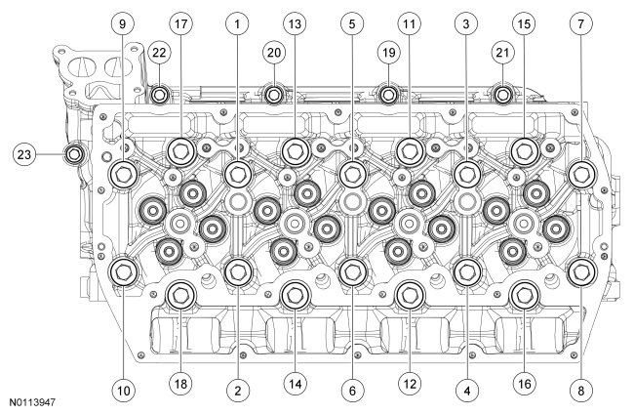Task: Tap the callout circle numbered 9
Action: (122, 21)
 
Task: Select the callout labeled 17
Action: (179, 21)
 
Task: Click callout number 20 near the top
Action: (274, 52)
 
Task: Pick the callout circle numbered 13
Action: (292, 21)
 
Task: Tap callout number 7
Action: (581, 21)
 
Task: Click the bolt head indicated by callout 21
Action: (501, 95)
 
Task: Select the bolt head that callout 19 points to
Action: (388, 95)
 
